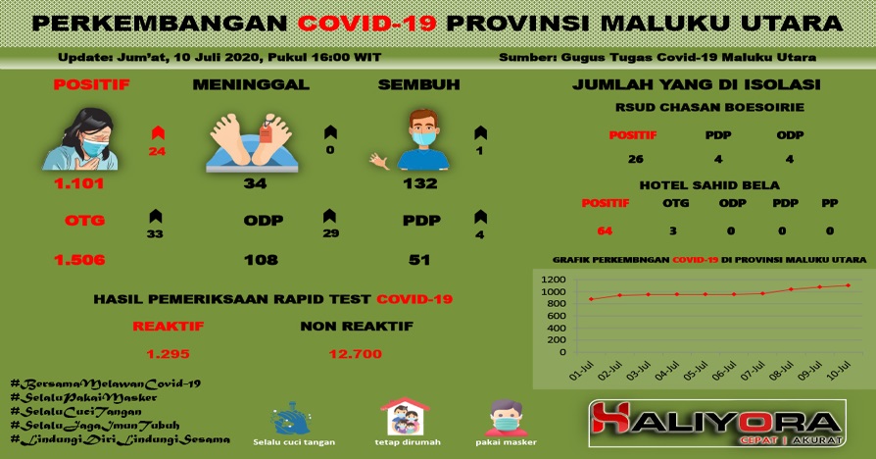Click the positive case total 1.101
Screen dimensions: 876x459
(x=78, y=183)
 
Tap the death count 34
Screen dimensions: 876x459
(x=255, y=183)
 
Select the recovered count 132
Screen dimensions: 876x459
(x=420, y=183)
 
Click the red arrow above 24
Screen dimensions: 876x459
(x=158, y=132)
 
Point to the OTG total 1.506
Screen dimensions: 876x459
(x=79, y=259)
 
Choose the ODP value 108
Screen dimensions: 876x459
(x=261, y=259)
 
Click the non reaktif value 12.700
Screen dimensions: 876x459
(x=356, y=354)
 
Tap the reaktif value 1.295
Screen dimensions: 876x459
(x=169, y=354)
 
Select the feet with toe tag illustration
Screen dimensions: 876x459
(x=252, y=142)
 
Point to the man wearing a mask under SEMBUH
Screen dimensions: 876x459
(x=423, y=139)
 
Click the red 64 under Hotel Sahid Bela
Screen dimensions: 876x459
(x=605, y=230)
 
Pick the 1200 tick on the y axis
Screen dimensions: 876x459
(x=553, y=280)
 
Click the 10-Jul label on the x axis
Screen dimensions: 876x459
(x=839, y=370)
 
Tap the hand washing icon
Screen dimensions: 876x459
(x=291, y=418)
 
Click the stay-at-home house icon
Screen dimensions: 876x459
(x=405, y=417)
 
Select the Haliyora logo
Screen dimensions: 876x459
(x=717, y=424)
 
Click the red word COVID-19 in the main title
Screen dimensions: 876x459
(x=366, y=23)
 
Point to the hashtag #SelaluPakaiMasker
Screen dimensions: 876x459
(x=84, y=397)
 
